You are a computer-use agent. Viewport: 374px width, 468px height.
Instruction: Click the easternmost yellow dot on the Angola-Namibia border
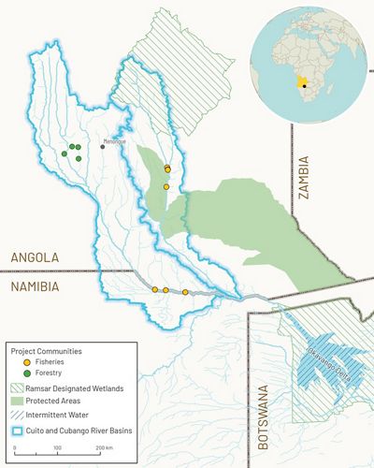coord(185,293)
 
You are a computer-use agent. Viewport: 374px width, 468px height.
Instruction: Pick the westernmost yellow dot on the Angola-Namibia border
coord(155,289)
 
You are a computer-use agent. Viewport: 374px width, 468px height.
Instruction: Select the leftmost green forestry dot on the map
coord(65,154)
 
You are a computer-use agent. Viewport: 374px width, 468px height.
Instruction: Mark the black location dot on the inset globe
coord(306,83)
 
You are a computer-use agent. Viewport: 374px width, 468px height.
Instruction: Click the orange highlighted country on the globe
coord(301,79)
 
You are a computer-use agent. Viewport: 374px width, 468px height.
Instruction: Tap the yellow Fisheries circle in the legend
coord(23,363)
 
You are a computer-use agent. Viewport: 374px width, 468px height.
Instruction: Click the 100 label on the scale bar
coord(58,449)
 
